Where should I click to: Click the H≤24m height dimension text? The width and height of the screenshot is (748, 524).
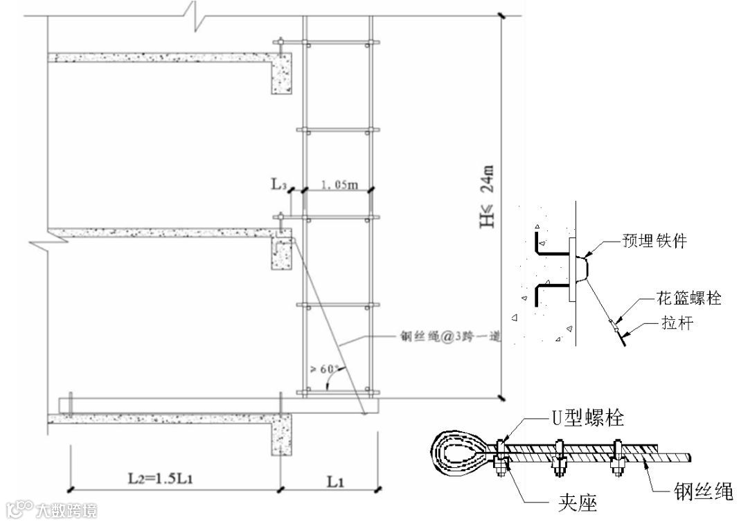click(487, 197)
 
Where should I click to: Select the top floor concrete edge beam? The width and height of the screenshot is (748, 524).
click(282, 75)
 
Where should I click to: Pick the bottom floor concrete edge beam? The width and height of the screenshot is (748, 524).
click(285, 434)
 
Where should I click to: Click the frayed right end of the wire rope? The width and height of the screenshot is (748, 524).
click(690, 456)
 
